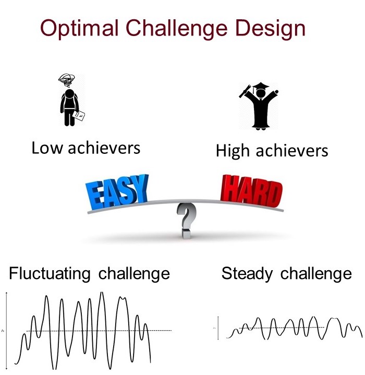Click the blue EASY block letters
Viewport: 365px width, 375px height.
pos(117,191)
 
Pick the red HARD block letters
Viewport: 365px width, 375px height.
pos(251,191)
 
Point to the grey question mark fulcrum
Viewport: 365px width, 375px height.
pos(187,221)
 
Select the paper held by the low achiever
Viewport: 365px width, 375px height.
pos(79,115)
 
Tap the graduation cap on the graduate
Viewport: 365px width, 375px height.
pos(260,86)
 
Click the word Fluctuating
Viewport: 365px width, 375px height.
pos(50,273)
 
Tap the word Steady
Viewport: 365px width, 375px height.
pos(247,274)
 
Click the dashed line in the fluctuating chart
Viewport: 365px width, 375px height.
pos(99,331)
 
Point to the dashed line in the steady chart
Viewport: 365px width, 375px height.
pos(282,328)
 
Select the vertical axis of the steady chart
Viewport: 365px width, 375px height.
pos(218,328)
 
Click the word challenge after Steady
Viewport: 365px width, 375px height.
pos(316,274)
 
